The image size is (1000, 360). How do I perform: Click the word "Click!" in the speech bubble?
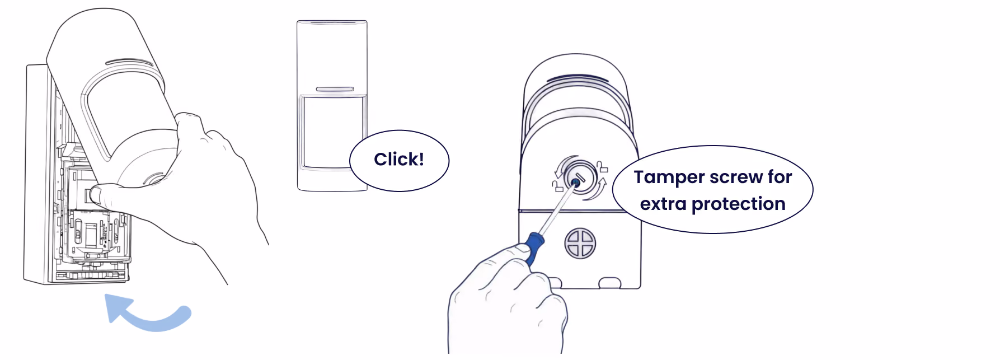(399, 160)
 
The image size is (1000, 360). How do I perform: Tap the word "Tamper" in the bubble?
(669, 177)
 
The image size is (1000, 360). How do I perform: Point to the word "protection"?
(739, 204)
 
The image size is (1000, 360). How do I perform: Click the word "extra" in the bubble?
(663, 204)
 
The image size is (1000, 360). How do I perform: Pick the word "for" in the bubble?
(780, 177)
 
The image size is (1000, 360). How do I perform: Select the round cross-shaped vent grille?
(580, 244)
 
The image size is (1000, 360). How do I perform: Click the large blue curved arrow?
(148, 318)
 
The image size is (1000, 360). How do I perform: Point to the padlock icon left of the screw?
(557, 186)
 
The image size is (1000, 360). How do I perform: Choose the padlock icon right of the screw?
(602, 166)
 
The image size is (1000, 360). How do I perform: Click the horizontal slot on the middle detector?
(335, 89)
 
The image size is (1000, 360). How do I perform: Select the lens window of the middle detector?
(333, 132)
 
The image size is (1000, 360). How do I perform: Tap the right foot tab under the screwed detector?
(610, 283)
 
